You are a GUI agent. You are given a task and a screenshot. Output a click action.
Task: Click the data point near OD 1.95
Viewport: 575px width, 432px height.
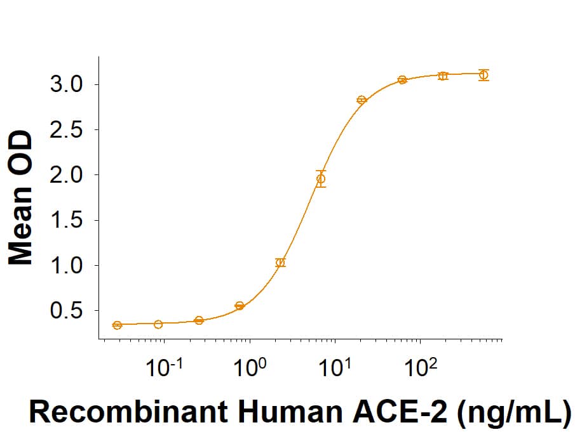[321, 179]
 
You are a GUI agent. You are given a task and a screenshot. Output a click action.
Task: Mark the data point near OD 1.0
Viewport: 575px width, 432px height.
[280, 262]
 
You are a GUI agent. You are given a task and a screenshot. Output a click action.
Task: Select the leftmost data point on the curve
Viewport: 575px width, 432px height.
[117, 325]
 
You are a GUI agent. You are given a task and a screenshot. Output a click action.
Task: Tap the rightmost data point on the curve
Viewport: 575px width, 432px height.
[484, 75]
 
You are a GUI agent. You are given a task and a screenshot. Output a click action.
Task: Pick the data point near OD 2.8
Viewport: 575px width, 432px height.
[362, 100]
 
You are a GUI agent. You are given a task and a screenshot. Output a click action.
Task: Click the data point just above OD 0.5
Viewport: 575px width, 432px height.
[240, 306]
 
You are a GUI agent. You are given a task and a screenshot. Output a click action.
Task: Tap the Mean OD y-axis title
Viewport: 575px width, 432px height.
[20, 197]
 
